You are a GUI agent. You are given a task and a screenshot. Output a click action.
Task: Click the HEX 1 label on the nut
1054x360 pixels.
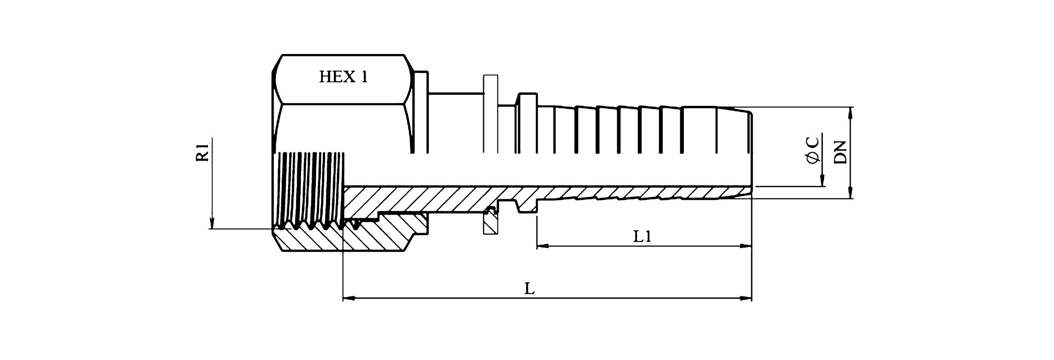[343, 77]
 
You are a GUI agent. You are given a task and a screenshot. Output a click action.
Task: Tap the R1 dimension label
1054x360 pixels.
[203, 153]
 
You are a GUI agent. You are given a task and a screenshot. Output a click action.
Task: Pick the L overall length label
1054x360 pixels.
[530, 289]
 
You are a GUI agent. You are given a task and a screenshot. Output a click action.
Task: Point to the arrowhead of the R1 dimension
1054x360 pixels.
[212, 223]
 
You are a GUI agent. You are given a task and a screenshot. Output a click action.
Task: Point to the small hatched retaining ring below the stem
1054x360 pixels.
[490, 226]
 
